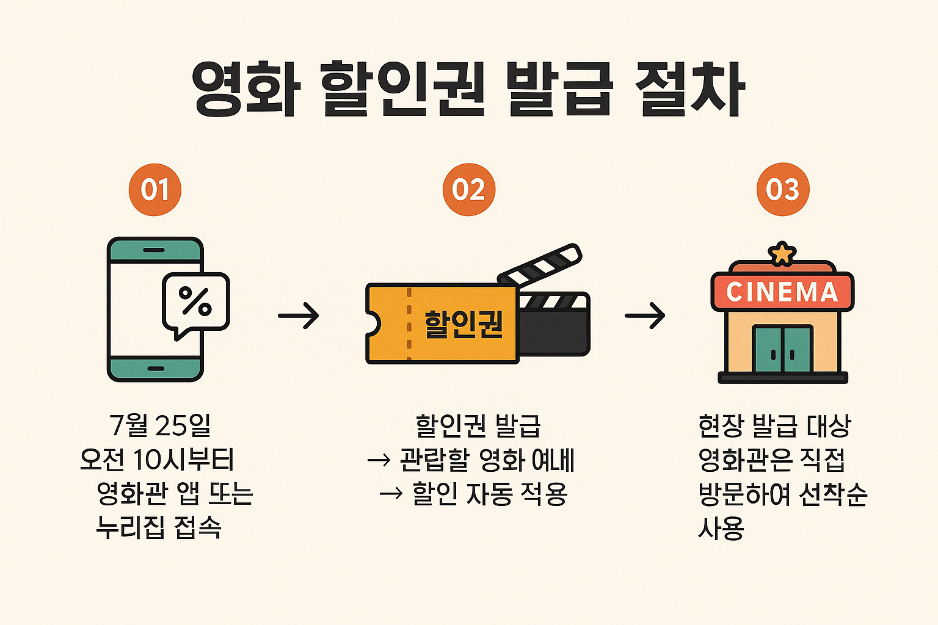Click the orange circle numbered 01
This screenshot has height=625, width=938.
[x=155, y=190]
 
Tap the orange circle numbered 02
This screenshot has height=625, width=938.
[x=468, y=190]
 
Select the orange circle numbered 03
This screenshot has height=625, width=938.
[x=782, y=190]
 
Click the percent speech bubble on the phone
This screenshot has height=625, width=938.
[x=195, y=303]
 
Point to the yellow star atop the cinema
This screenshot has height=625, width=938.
[x=782, y=253]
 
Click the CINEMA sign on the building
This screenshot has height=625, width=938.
[x=782, y=292]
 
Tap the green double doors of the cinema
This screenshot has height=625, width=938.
[x=782, y=349]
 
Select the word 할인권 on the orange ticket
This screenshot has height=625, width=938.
[x=464, y=324]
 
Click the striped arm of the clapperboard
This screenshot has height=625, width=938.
[x=540, y=266]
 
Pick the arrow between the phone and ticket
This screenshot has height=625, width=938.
[x=298, y=316]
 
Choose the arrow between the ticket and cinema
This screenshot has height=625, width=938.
[x=645, y=316]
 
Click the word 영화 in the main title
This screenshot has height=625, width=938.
[x=245, y=89]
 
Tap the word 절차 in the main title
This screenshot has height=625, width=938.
[x=689, y=89]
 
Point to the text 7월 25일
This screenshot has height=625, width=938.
[x=160, y=425]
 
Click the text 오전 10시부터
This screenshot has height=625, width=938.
[x=157, y=460]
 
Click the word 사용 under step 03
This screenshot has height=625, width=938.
[x=721, y=528]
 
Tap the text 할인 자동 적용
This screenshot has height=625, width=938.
[x=490, y=494]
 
